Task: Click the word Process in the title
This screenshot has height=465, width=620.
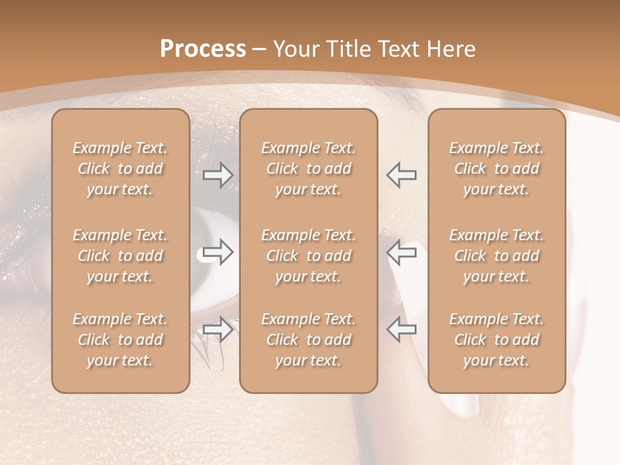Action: [x=203, y=49]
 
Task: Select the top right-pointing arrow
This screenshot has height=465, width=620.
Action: [x=218, y=175]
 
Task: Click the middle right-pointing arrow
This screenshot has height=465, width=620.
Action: [x=218, y=253]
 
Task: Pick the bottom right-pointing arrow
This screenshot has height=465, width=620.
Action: [x=218, y=329]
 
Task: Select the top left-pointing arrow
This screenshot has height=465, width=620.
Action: [x=402, y=175]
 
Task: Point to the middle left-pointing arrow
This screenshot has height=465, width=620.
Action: [x=402, y=253]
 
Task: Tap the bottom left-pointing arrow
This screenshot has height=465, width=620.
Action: [x=402, y=329]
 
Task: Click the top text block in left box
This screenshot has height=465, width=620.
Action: [x=120, y=169]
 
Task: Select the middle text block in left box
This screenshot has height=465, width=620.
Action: [x=120, y=256]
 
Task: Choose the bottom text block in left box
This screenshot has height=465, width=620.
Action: [x=120, y=340]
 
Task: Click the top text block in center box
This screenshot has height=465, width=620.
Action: [x=309, y=169]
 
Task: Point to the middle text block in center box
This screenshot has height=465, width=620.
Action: [x=309, y=256]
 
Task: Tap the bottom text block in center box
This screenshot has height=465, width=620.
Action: [x=309, y=340]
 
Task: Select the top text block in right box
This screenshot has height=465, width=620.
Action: [x=497, y=169]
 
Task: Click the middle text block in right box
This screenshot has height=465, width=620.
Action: [x=497, y=256]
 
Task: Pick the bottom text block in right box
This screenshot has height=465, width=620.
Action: [x=497, y=340]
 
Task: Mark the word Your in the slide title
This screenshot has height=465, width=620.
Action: [x=296, y=49]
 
